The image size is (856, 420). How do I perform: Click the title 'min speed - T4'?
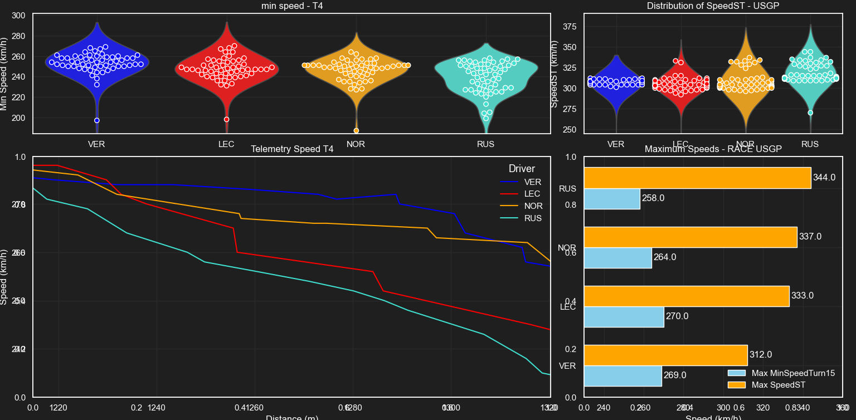291,6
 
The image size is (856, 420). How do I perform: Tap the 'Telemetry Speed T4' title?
292,149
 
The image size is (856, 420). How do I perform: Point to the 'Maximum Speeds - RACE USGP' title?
713,149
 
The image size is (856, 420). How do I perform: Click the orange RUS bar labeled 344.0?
697,178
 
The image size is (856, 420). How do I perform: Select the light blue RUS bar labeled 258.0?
612,198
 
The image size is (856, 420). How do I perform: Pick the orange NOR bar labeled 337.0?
690,237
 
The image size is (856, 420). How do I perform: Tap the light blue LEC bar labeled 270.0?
624,316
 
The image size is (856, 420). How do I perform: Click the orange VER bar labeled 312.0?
665,355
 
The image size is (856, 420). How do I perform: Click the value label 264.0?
665,257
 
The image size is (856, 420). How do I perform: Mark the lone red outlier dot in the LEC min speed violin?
226,119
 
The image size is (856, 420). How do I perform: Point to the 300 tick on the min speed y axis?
18,16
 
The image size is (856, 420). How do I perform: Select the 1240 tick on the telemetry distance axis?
157,408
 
